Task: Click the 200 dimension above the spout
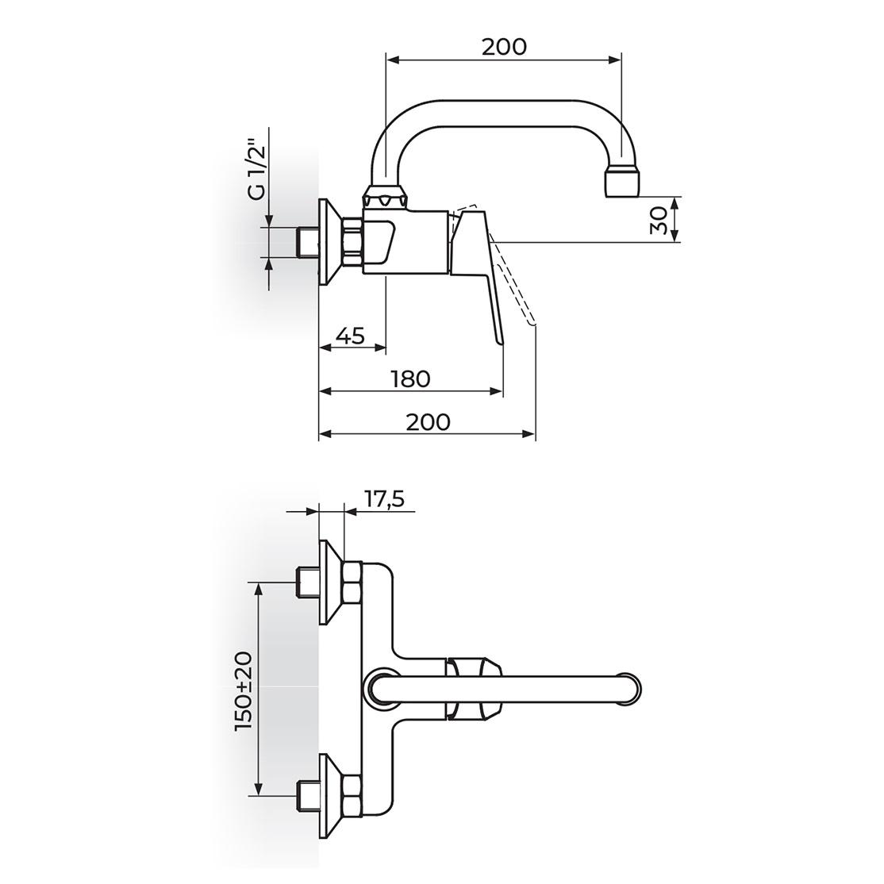(504, 47)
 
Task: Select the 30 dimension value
(659, 220)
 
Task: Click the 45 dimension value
(352, 336)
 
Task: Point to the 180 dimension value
(410, 379)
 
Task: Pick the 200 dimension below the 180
(429, 421)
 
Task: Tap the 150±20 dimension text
(244, 692)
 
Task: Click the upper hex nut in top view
(352, 582)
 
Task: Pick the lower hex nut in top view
(352, 795)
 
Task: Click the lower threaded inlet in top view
(308, 795)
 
